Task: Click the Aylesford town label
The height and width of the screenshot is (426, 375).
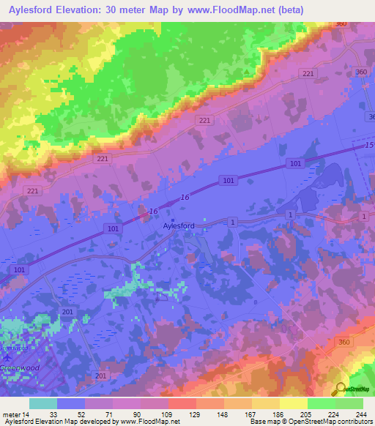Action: tap(179, 227)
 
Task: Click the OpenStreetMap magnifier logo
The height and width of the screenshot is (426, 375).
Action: tap(341, 389)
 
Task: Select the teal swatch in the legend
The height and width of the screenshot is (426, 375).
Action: tap(43, 403)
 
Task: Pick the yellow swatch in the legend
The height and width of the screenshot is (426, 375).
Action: tap(293, 403)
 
